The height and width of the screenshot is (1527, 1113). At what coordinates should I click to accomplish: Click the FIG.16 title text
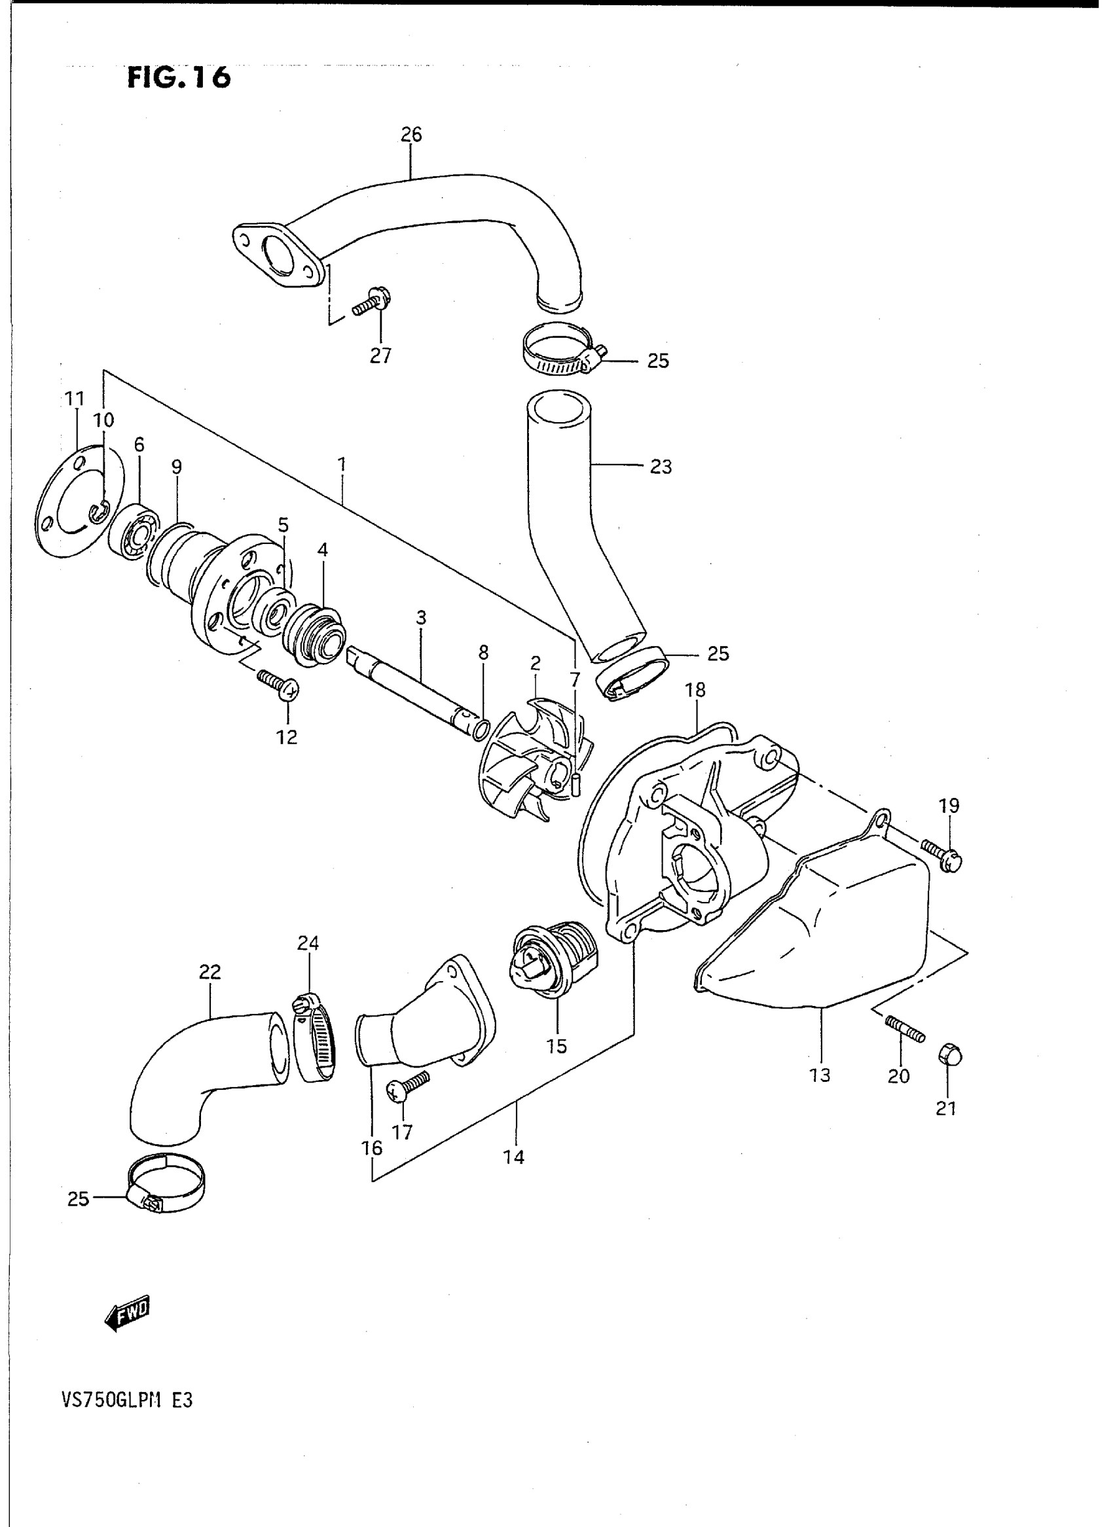pos(179,77)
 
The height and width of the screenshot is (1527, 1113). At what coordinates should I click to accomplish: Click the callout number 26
pos(411,135)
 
